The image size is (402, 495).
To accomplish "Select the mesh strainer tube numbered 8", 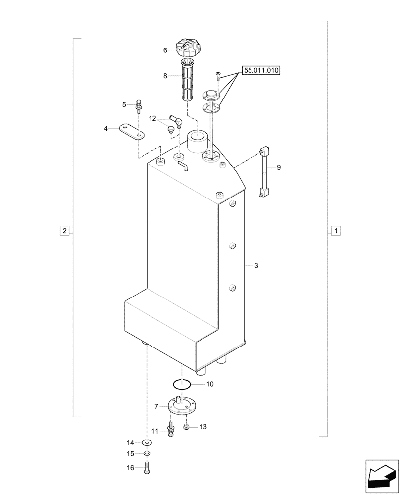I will tap(187, 80).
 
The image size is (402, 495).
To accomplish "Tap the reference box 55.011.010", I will tap(261, 71).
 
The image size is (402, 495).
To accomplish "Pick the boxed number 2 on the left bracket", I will tap(64, 231).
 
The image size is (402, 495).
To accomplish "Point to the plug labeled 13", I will tap(187, 427).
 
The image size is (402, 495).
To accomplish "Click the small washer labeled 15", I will tap(147, 454).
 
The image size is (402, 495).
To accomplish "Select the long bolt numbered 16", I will tap(147, 468).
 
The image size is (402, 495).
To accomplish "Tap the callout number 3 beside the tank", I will tap(256, 266).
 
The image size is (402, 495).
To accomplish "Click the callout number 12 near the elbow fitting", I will tap(152, 118).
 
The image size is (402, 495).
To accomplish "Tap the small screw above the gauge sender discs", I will tap(217, 76).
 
